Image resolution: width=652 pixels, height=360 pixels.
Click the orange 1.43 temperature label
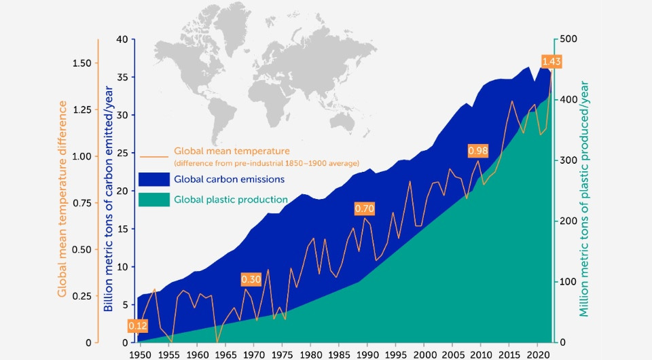click(x=551, y=62)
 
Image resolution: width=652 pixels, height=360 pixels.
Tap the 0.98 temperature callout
click(x=478, y=150)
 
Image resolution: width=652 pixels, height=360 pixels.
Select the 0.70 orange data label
click(x=365, y=209)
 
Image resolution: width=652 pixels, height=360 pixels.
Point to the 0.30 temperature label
click(x=251, y=279)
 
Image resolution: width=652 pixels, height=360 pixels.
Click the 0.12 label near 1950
click(x=138, y=326)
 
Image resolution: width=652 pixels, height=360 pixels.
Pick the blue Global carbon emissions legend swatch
click(x=153, y=179)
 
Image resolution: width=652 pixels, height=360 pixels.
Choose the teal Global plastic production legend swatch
click(x=153, y=200)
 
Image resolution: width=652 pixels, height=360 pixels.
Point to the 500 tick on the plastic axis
click(x=568, y=39)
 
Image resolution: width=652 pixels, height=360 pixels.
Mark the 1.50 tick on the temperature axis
click(x=82, y=63)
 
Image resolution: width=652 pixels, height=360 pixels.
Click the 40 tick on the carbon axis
click(x=122, y=39)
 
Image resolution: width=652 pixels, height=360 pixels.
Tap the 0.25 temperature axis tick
click(x=82, y=295)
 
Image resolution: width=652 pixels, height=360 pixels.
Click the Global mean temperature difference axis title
click(x=62, y=198)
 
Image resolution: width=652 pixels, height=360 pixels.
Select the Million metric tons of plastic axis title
click(x=584, y=198)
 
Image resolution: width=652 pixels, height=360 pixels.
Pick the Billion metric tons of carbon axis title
click(x=108, y=198)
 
